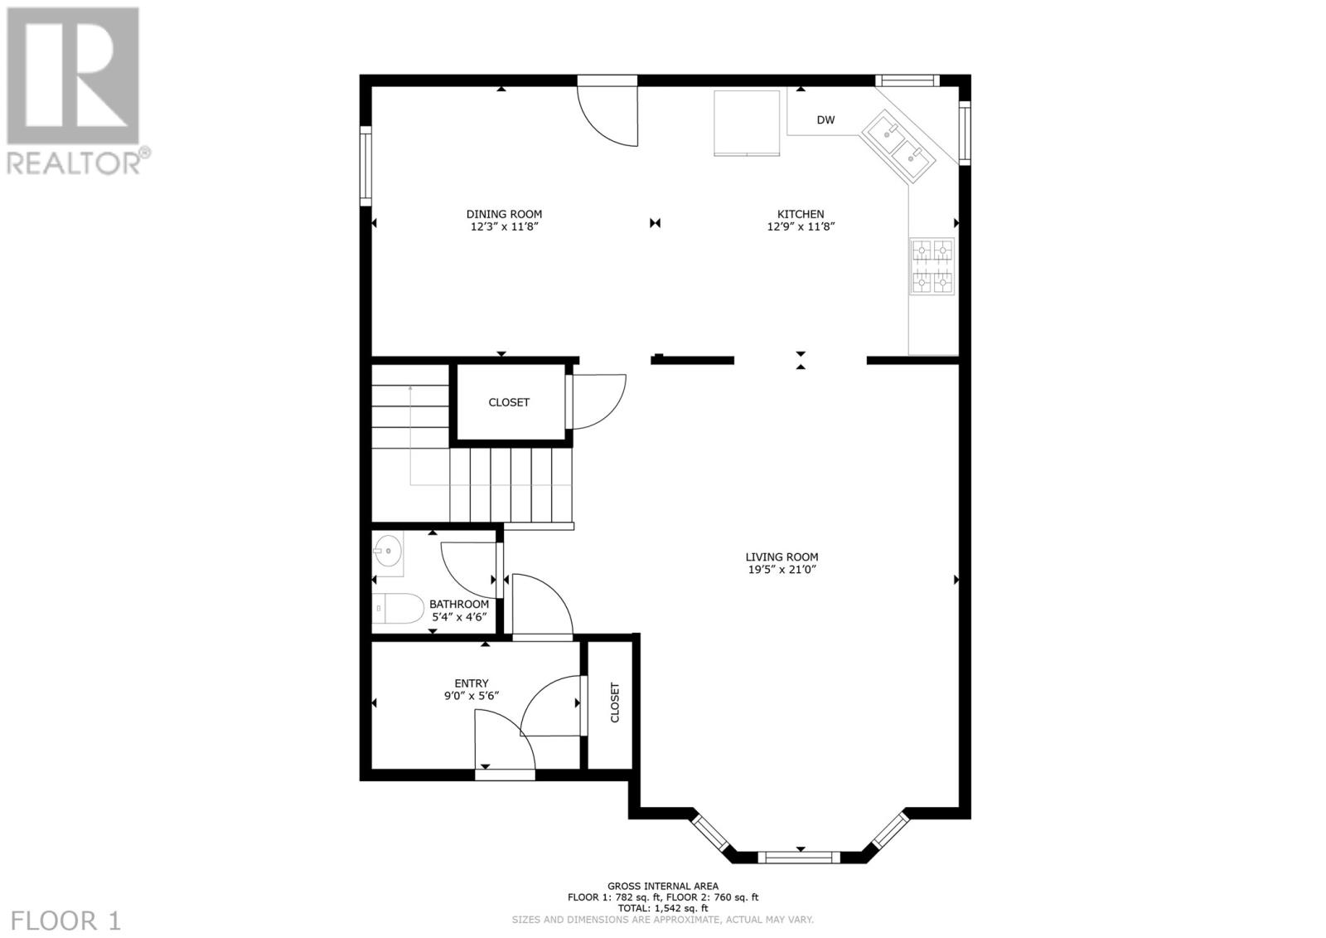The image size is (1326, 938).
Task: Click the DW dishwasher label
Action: click(x=825, y=119)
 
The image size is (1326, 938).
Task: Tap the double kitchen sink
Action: click(x=898, y=146)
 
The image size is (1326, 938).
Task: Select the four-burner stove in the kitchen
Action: click(x=932, y=266)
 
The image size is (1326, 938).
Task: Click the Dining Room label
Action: click(x=504, y=214)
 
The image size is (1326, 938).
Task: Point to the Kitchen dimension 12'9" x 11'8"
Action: click(x=801, y=226)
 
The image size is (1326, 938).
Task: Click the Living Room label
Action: click(x=782, y=557)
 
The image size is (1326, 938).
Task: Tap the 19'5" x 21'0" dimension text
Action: click(x=782, y=570)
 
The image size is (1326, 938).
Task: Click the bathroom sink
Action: click(x=388, y=552)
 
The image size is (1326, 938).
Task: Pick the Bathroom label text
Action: click(x=459, y=605)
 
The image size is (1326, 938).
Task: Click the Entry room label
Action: click(x=472, y=683)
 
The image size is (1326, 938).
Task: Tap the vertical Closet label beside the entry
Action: click(x=614, y=702)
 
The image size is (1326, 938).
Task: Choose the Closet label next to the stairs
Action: click(x=509, y=402)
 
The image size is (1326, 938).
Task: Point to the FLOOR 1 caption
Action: click(x=65, y=921)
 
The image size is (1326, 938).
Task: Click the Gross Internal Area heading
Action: click(x=663, y=887)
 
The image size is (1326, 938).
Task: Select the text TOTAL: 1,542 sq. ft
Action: click(x=663, y=908)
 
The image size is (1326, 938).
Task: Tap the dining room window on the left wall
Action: click(x=365, y=166)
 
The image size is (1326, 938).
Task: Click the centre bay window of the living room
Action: click(x=799, y=857)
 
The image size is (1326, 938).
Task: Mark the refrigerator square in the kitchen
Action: click(x=747, y=124)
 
